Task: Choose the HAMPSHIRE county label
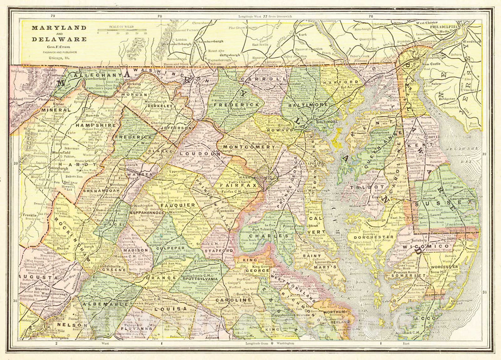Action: (95, 125)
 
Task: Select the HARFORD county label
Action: (345, 82)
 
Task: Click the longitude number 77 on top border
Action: (265, 16)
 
